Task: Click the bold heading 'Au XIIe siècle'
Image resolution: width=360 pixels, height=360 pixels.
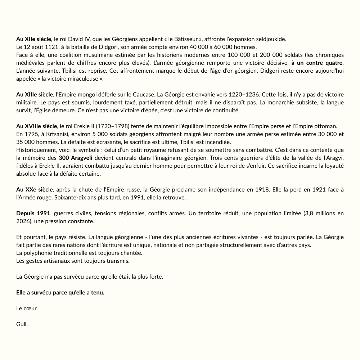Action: [34, 39]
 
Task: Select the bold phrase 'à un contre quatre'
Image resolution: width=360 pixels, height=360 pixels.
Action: [317, 63]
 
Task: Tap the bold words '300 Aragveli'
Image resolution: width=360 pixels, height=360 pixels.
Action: [76, 158]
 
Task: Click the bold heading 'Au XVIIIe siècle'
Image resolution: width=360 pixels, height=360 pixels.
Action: [36, 126]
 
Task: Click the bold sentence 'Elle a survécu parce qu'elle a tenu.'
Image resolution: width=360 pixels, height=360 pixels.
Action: [60, 292]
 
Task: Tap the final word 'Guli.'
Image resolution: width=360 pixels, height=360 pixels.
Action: [22, 324]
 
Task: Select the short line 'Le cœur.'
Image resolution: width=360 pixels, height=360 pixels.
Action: [27, 308]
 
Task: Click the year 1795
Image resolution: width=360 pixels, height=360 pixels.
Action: [30, 134]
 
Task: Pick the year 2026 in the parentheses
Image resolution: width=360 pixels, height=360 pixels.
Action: [23, 221]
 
